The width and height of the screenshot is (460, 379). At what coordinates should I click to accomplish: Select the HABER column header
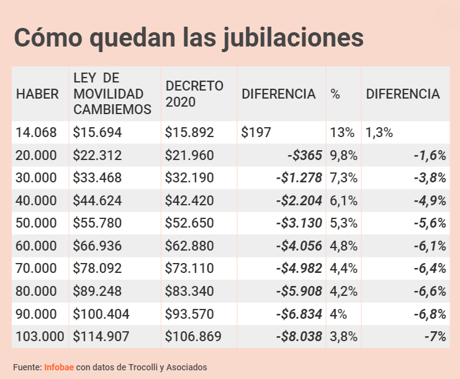click(x=37, y=94)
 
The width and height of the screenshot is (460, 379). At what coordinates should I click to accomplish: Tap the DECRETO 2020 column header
click(x=194, y=94)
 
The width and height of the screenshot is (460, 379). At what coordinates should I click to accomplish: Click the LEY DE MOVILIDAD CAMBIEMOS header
click(x=112, y=94)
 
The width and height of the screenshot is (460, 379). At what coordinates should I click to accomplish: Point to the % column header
click(x=335, y=94)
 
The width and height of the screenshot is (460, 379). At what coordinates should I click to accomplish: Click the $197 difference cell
click(x=256, y=132)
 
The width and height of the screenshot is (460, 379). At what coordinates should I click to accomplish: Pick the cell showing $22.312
click(x=97, y=155)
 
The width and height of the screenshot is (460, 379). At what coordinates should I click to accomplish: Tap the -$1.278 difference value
click(x=299, y=178)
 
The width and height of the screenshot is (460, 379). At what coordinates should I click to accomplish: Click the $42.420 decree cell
click(x=189, y=200)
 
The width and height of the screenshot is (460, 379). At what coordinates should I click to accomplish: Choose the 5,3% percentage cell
click(x=344, y=223)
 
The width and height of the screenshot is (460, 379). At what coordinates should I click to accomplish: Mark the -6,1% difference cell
click(x=430, y=246)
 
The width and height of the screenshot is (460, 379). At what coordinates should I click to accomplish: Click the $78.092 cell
click(x=97, y=269)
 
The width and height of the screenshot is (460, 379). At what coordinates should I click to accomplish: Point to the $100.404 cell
click(x=101, y=314)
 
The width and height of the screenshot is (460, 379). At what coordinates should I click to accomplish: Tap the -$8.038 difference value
click(x=299, y=337)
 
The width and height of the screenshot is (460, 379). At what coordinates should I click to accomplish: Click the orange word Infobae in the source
click(x=59, y=367)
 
